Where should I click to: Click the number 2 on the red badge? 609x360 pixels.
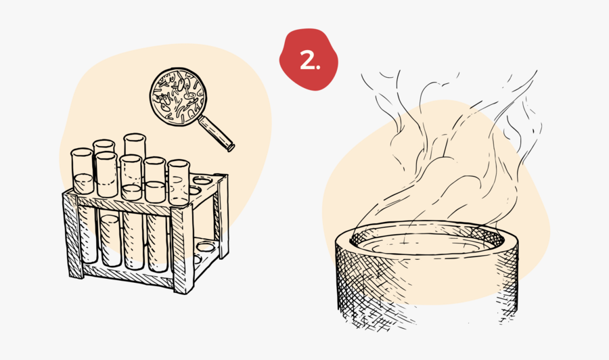(x=308, y=61)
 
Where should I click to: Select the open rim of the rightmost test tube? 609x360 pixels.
(x=178, y=163)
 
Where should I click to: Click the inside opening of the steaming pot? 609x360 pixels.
(x=426, y=241)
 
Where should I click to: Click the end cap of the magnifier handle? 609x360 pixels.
(x=231, y=147)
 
